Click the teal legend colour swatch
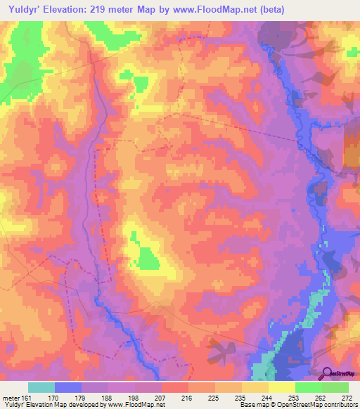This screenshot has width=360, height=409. (x=41, y=387)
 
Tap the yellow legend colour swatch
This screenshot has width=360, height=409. (x=282, y=387)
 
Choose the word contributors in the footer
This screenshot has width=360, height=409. (x=338, y=405)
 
